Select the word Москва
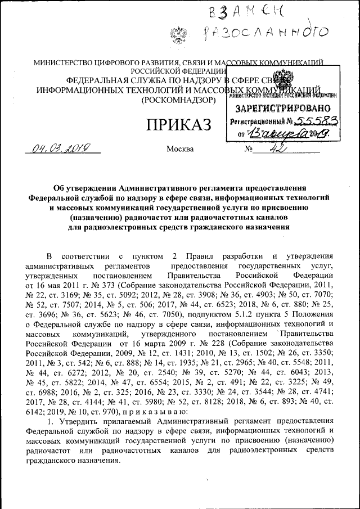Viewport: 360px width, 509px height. pyautogui.click(x=180, y=150)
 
